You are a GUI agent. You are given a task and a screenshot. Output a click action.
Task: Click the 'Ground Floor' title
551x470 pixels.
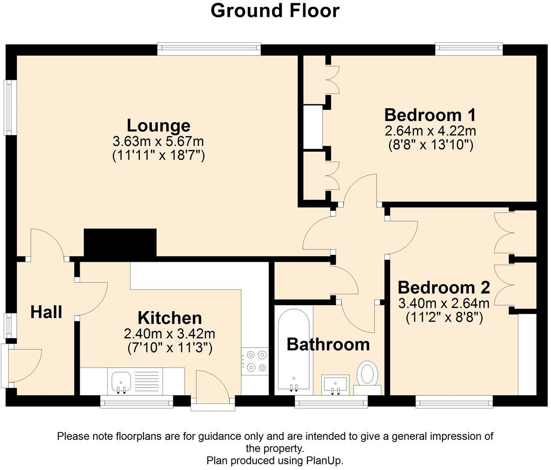click(x=275, y=10)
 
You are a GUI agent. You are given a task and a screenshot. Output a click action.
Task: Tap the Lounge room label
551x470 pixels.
click(x=158, y=125)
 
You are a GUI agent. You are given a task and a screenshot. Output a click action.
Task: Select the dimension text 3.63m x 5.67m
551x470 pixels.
click(x=158, y=141)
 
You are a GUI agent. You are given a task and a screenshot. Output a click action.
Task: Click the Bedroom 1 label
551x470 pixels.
click(x=430, y=115)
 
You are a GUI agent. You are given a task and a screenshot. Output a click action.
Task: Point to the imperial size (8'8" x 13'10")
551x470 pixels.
click(x=430, y=145)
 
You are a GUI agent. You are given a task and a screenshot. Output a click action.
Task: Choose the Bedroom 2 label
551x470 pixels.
click(x=443, y=287)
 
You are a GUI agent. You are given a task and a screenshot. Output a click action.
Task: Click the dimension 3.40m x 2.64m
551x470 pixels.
click(x=443, y=304)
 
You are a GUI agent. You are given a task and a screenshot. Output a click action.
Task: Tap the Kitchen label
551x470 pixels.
click(x=170, y=318)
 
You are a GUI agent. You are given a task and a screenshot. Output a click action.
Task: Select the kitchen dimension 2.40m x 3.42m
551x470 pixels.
click(x=170, y=334)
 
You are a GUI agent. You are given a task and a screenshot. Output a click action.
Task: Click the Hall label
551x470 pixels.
click(x=46, y=312)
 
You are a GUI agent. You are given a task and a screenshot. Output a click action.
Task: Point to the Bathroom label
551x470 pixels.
click(x=328, y=344)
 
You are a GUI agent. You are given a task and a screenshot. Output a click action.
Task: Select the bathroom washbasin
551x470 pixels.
click(x=335, y=384)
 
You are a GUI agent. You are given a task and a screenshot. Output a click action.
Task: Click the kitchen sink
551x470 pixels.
click(x=122, y=381)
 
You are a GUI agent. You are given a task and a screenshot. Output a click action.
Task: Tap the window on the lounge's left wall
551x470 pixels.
click(x=8, y=108)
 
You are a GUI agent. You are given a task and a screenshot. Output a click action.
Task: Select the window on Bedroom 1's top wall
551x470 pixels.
click(x=469, y=47)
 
